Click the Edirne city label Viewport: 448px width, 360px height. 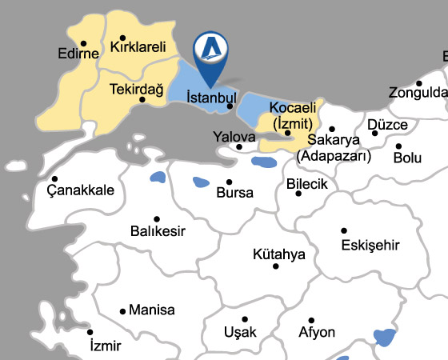(78, 54)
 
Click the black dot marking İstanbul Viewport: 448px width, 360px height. (230, 106)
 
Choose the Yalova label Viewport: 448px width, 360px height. (234, 136)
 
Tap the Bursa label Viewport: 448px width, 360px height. (235, 193)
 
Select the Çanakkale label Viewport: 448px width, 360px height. (80, 190)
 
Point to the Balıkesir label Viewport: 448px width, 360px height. (158, 231)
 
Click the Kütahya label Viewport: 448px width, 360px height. (279, 254)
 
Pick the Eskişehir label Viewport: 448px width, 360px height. (370, 244)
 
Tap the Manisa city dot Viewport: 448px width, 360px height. (122, 311)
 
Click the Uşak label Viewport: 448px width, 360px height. (240, 332)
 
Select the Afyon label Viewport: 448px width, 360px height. (317, 332)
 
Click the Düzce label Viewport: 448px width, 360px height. (388, 125)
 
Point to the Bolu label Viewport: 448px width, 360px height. (407, 158)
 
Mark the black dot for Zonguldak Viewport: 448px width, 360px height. (418, 82)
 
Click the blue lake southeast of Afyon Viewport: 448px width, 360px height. (386, 337)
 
